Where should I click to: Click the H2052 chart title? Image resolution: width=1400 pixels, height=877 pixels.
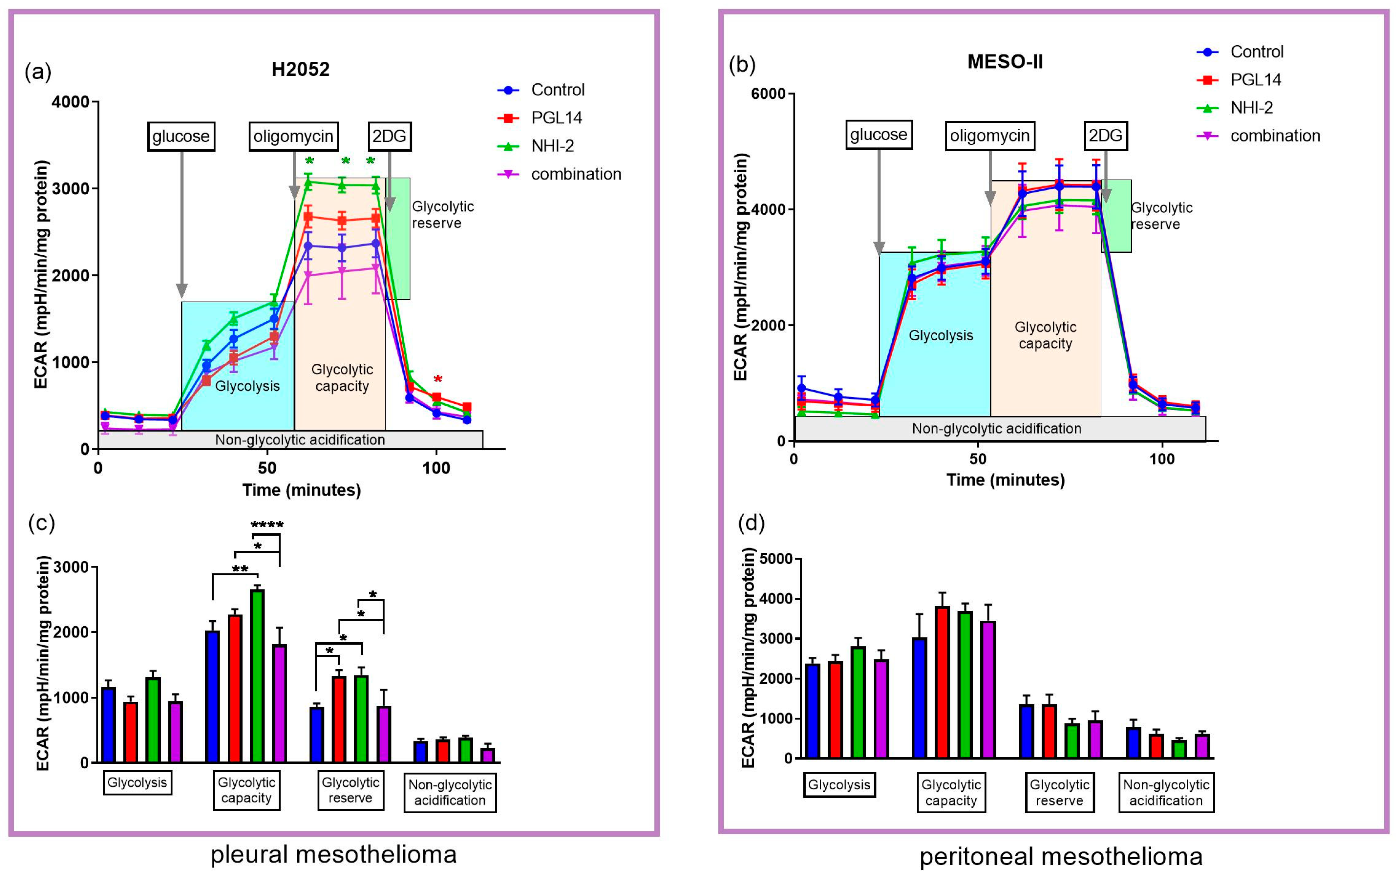click(300, 70)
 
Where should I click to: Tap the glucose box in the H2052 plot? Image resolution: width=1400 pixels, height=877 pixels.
click(181, 136)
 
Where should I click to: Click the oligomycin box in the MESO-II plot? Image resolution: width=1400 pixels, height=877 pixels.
click(989, 136)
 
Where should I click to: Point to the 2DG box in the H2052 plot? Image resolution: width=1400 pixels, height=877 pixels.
click(389, 136)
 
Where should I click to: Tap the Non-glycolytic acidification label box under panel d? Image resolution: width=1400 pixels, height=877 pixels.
click(1166, 792)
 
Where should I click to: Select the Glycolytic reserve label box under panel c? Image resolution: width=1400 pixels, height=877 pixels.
click(350, 790)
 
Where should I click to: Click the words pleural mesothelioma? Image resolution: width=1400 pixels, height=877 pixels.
click(333, 854)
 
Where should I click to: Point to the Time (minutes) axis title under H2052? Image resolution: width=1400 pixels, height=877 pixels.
click(302, 490)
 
